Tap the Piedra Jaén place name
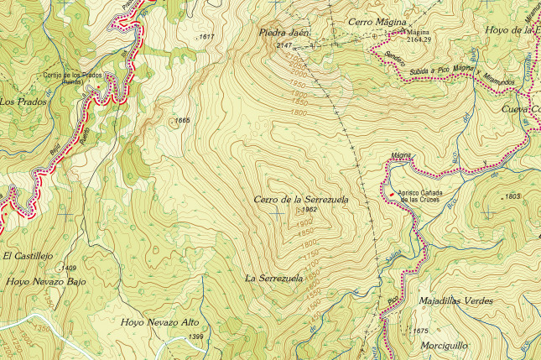284,33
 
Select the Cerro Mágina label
377,21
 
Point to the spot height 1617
206,37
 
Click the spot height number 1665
182,121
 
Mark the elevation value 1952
307,211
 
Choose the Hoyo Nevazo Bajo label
49,283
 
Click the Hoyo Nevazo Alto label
160,322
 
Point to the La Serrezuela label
273,278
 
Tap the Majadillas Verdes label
455,300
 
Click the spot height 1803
513,196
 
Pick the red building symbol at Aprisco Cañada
392,193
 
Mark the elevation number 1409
69,268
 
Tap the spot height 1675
420,331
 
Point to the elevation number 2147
284,44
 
